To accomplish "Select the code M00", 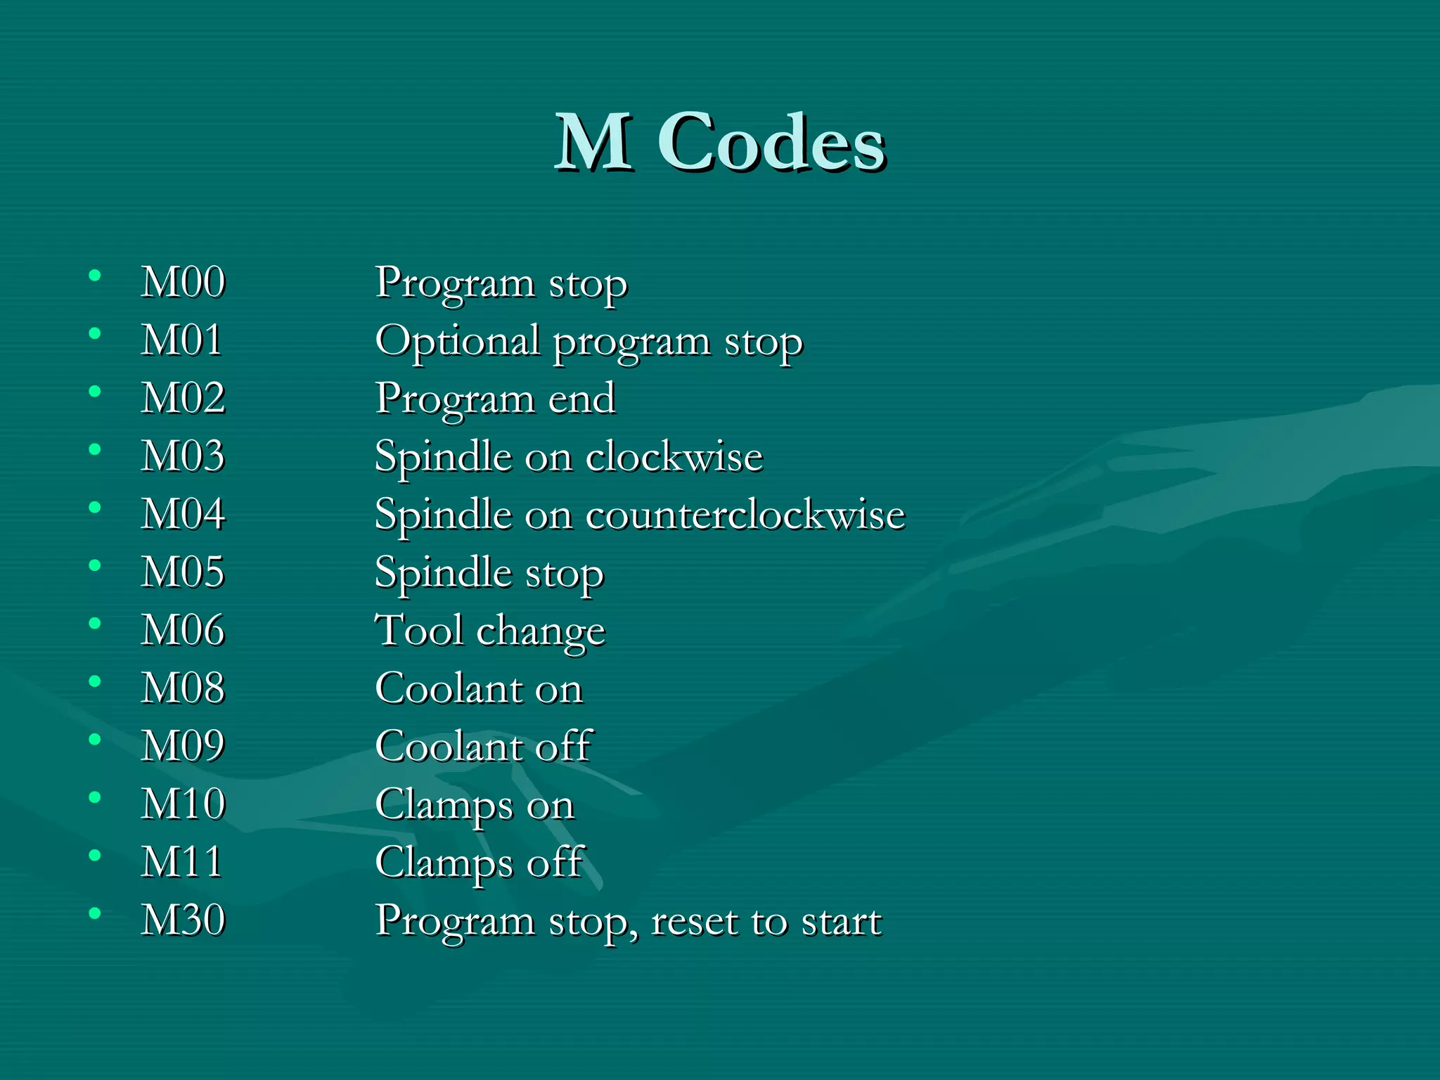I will (183, 283).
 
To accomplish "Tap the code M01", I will (181, 340).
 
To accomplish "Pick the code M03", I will (183, 456).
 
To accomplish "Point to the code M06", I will (183, 630).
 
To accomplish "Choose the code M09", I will (183, 746).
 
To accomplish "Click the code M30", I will (183, 920).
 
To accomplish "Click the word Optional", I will (457, 342).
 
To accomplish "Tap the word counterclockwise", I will (745, 515).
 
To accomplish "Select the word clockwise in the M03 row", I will (674, 457).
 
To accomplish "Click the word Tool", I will (419, 630).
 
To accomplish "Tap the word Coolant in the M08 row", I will (447, 688).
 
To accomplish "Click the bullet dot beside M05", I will (95, 565).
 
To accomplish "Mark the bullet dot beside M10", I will (95, 797).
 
